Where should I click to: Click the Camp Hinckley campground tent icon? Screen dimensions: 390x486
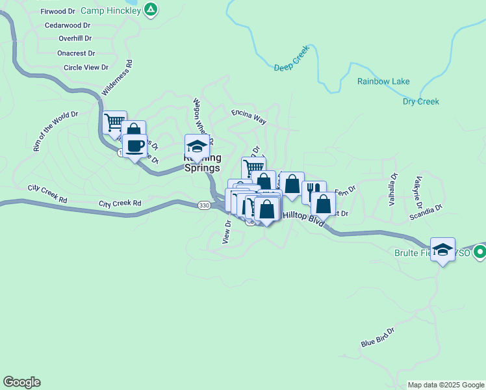(x=151, y=10)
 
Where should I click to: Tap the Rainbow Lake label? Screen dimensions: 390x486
(x=383, y=81)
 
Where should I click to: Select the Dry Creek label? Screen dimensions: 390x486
(x=421, y=101)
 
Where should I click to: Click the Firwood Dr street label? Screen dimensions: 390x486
(x=58, y=12)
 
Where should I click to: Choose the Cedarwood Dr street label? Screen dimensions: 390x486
(x=68, y=25)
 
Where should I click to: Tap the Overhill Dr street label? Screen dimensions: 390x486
(x=73, y=39)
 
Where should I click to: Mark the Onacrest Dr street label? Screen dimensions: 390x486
(x=76, y=53)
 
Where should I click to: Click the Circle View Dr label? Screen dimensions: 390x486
(x=86, y=68)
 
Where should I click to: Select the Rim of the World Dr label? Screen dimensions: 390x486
(x=56, y=131)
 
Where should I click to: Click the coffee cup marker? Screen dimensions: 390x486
(x=134, y=146)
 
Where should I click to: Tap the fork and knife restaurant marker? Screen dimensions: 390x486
(x=313, y=190)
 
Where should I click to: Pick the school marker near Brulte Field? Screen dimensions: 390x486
(x=442, y=249)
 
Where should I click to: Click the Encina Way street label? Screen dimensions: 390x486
(x=249, y=116)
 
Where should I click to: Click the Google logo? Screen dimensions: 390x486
(x=21, y=382)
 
